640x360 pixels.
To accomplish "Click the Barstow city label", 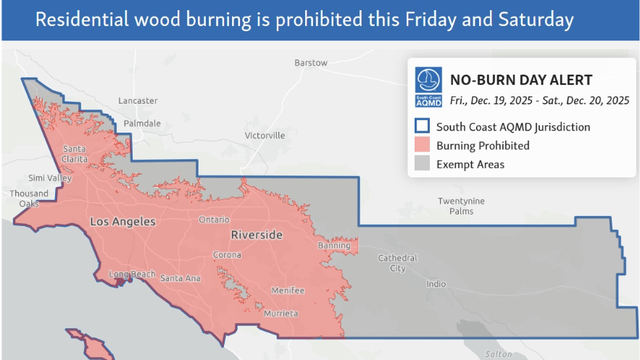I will [x=310, y=63].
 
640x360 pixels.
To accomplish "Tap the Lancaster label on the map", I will [x=138, y=101].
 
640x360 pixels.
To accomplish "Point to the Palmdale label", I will [x=142, y=123].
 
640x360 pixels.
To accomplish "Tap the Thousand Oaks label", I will [x=27, y=198].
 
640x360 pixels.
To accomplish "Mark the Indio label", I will [x=436, y=284].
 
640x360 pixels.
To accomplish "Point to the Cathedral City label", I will [x=391, y=263].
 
